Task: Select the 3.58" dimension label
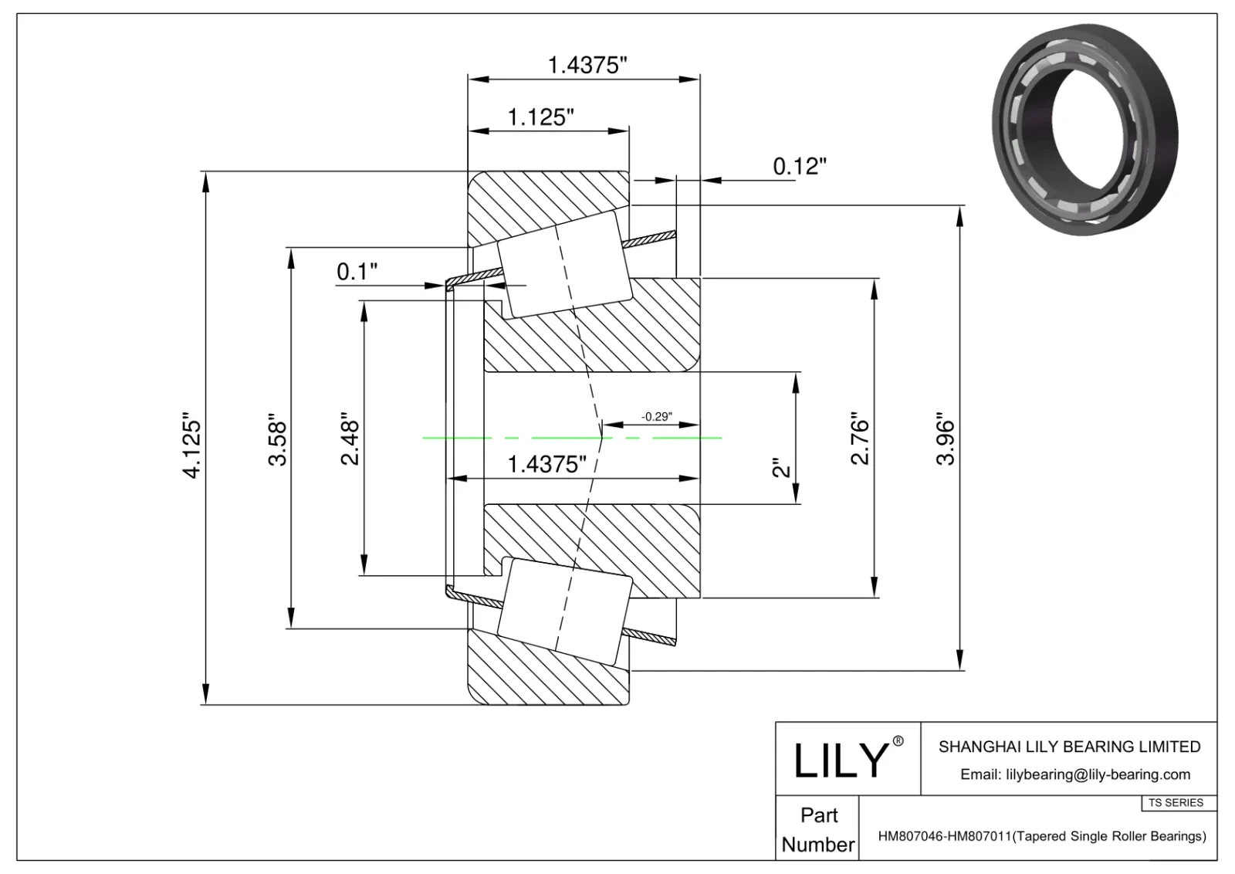pos(277,442)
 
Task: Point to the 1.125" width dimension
pos(540,117)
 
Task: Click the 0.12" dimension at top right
pos(800,166)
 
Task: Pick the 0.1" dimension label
pos(357,272)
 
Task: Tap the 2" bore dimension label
pos(783,468)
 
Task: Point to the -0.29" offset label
pos(656,416)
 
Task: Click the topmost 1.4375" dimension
pos(587,65)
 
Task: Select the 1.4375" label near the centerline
pos(546,464)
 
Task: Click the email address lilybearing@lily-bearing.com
pos(1074,774)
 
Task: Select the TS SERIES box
pos(1176,803)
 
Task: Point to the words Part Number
pos(818,830)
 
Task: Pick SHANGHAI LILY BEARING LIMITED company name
pos(1069,747)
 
